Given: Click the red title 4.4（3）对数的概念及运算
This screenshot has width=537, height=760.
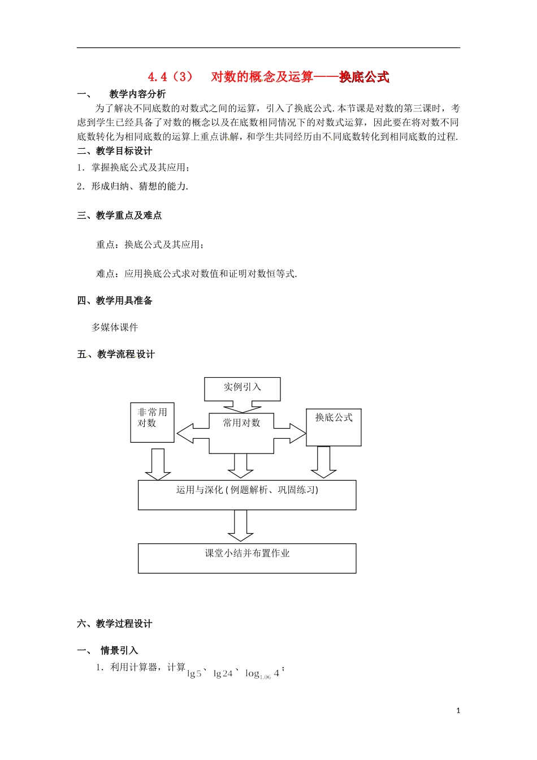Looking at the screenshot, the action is click(268, 77).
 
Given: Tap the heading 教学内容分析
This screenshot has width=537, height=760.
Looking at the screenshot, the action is click(137, 94).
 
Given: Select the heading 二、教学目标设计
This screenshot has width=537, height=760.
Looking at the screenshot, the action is click(115, 151).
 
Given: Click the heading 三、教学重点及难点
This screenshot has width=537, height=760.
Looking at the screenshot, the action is click(119, 215).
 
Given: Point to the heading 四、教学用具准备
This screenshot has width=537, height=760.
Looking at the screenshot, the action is click(115, 301).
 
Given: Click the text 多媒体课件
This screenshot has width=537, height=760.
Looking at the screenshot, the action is click(115, 327).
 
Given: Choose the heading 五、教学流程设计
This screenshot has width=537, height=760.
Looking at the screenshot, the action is click(116, 355).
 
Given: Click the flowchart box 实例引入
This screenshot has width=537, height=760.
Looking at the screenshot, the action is click(242, 388).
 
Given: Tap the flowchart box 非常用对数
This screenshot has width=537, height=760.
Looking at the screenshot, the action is click(152, 422).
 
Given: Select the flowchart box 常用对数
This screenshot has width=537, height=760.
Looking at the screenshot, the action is click(241, 433).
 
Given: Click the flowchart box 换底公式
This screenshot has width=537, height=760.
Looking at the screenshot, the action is click(334, 427).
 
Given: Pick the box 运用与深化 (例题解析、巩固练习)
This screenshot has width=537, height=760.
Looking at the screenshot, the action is click(247, 495).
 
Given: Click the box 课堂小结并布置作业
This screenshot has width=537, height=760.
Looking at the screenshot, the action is click(247, 558).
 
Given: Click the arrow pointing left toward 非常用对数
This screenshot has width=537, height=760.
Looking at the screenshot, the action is click(193, 434).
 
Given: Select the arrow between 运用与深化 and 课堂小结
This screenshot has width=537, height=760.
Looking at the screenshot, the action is click(241, 526).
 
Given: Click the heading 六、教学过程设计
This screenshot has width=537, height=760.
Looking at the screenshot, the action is click(115, 624).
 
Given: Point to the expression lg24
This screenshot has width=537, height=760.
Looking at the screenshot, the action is click(223, 673).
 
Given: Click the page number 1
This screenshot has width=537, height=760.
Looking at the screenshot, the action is click(458, 711).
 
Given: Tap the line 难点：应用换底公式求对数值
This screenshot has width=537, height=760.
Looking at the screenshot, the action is click(197, 274).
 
